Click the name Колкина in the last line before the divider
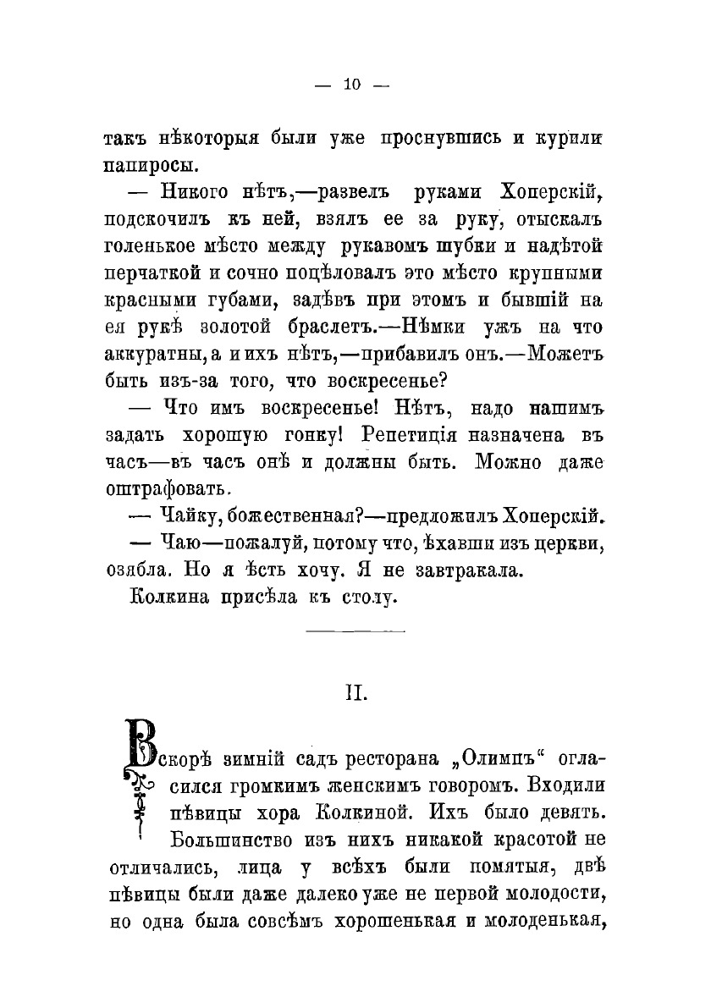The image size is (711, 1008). (x=168, y=599)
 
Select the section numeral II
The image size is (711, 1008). (x=354, y=694)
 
